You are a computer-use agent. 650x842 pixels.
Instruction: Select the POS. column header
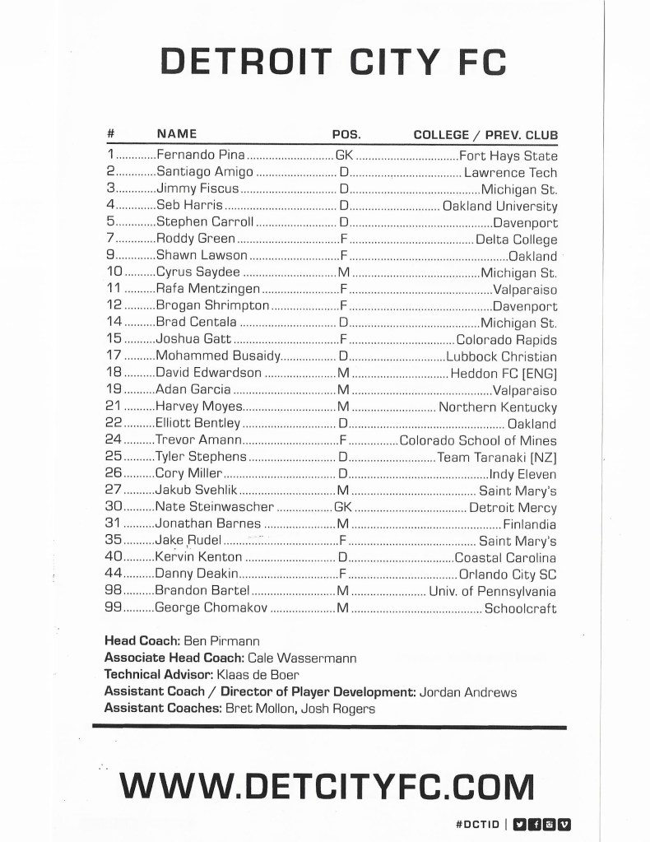pyautogui.click(x=346, y=134)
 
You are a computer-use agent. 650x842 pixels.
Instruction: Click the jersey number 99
pyautogui.click(x=114, y=609)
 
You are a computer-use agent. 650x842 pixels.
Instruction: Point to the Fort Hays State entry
pyautogui.click(x=508, y=156)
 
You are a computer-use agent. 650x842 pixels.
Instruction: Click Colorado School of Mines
pyautogui.click(x=478, y=441)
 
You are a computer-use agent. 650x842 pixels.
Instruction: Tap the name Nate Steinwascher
pyautogui.click(x=215, y=508)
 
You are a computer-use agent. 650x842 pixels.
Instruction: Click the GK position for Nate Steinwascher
pyautogui.click(x=344, y=508)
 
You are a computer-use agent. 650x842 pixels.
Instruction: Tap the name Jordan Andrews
pyautogui.click(x=468, y=692)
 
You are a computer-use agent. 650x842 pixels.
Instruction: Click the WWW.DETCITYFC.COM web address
pyautogui.click(x=327, y=785)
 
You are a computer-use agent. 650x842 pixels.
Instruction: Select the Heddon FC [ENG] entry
pyautogui.click(x=504, y=374)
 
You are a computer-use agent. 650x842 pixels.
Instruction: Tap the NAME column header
pyautogui.click(x=176, y=134)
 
